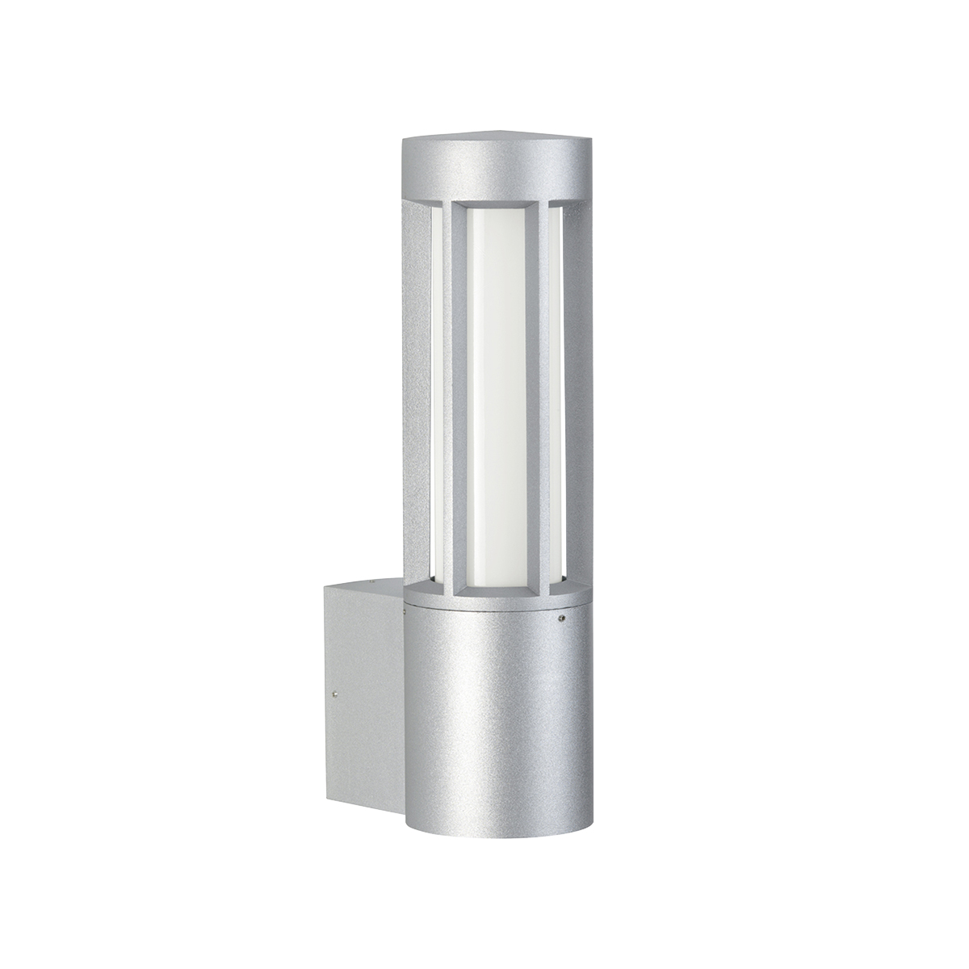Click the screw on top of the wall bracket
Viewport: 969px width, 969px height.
(372, 581)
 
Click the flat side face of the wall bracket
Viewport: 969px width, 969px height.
(363, 694)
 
